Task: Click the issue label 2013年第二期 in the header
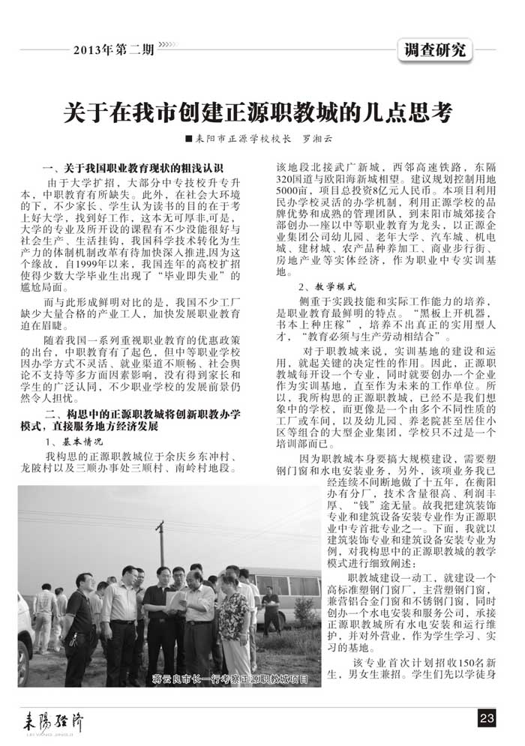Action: tap(114, 50)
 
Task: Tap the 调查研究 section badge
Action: tap(434, 49)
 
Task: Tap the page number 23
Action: tap(486, 718)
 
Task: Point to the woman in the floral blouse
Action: tap(233, 622)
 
